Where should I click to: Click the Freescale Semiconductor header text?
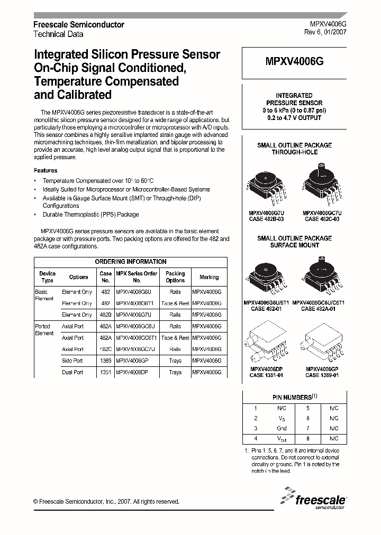pos(79,24)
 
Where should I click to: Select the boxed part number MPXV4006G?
pos(294,61)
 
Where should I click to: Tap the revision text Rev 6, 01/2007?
pos(325,33)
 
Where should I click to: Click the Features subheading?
pos(46,171)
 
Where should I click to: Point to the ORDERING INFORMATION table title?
pos(131,262)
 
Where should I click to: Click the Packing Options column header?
pos(175,277)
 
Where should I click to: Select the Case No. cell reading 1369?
pos(106,361)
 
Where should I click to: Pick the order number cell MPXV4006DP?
pos(137,372)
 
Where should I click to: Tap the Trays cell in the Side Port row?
pos(175,361)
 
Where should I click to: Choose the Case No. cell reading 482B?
pos(106,315)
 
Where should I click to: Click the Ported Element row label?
pos(44,330)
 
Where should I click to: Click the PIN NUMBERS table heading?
pos(294,397)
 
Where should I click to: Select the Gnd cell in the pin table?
pos(281,428)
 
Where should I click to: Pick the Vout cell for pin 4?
pos(281,438)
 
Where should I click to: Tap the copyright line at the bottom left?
pos(106,502)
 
